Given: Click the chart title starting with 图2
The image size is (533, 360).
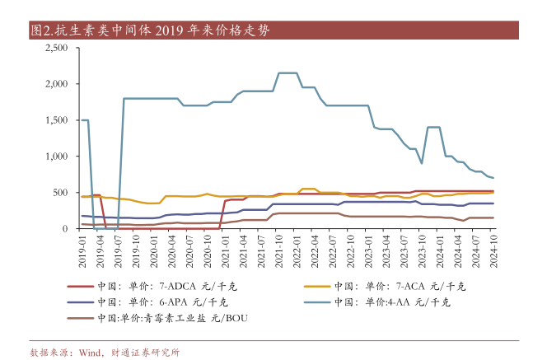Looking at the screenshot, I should (x=148, y=30).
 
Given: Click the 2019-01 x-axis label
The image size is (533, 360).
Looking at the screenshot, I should (x=82, y=247).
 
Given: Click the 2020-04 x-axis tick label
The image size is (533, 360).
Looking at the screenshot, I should (x=171, y=247).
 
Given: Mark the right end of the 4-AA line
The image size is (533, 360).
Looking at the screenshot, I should (x=493, y=177).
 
